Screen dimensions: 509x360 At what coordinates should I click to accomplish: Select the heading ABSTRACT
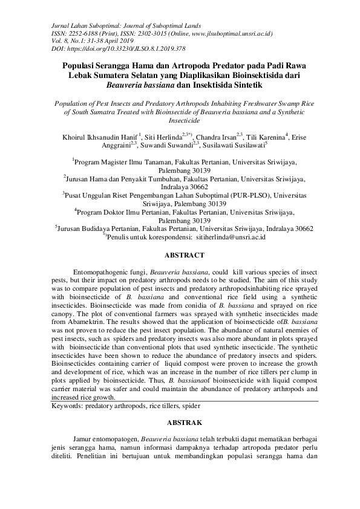pos(180,255)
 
